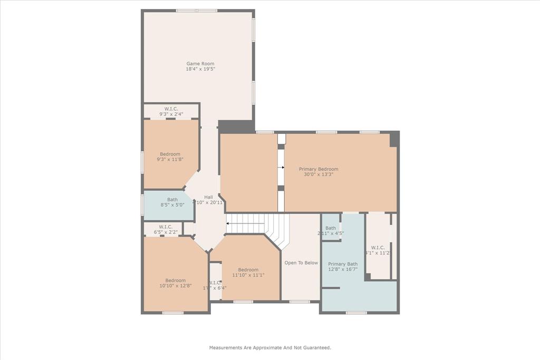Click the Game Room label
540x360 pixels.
(x=200, y=64)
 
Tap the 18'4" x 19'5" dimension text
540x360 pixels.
(x=200, y=69)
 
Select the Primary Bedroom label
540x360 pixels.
(x=319, y=169)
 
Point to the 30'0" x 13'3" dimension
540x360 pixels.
(x=319, y=174)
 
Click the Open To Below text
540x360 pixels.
(x=301, y=262)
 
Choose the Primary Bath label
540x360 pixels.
(x=343, y=264)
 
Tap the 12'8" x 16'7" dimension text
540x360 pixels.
(x=343, y=269)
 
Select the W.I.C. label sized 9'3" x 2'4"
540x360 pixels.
(x=171, y=109)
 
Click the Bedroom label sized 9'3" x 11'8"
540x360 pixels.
(x=170, y=154)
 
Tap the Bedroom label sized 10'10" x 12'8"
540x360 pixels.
(x=175, y=280)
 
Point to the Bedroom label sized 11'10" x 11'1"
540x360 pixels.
(x=248, y=269)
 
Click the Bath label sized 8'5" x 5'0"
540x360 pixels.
(x=172, y=200)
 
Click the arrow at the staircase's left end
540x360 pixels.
(x=228, y=223)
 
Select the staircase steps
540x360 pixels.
(x=258, y=224)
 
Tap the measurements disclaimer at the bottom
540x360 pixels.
(x=270, y=348)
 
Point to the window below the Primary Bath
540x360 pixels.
(x=356, y=313)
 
